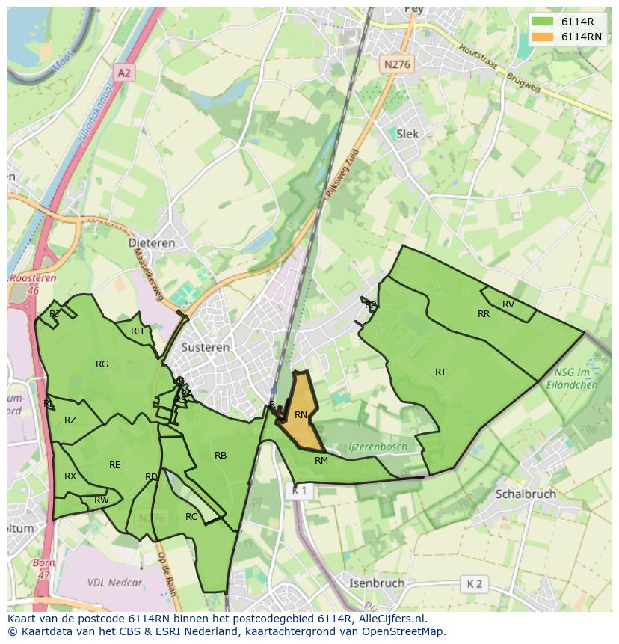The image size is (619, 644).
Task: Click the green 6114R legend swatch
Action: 543,22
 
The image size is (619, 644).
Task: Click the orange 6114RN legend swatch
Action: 543,37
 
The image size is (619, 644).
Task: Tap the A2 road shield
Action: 124,73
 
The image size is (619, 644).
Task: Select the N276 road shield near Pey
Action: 396,65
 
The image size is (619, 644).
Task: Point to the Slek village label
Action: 407,134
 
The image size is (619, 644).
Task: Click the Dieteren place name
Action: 152,243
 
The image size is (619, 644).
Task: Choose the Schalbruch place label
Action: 525,494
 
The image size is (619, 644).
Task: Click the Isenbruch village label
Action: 377,583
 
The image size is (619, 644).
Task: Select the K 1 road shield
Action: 299,491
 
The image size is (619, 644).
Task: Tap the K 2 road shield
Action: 474,583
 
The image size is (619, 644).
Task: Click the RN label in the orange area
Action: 301,415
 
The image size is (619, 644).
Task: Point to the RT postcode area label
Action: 440,372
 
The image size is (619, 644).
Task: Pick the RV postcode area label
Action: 508,304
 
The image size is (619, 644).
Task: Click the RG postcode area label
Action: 102,364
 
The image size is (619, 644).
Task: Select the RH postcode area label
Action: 137,331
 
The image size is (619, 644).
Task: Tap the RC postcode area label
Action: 191,517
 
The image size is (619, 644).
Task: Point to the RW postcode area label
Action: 102,500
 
